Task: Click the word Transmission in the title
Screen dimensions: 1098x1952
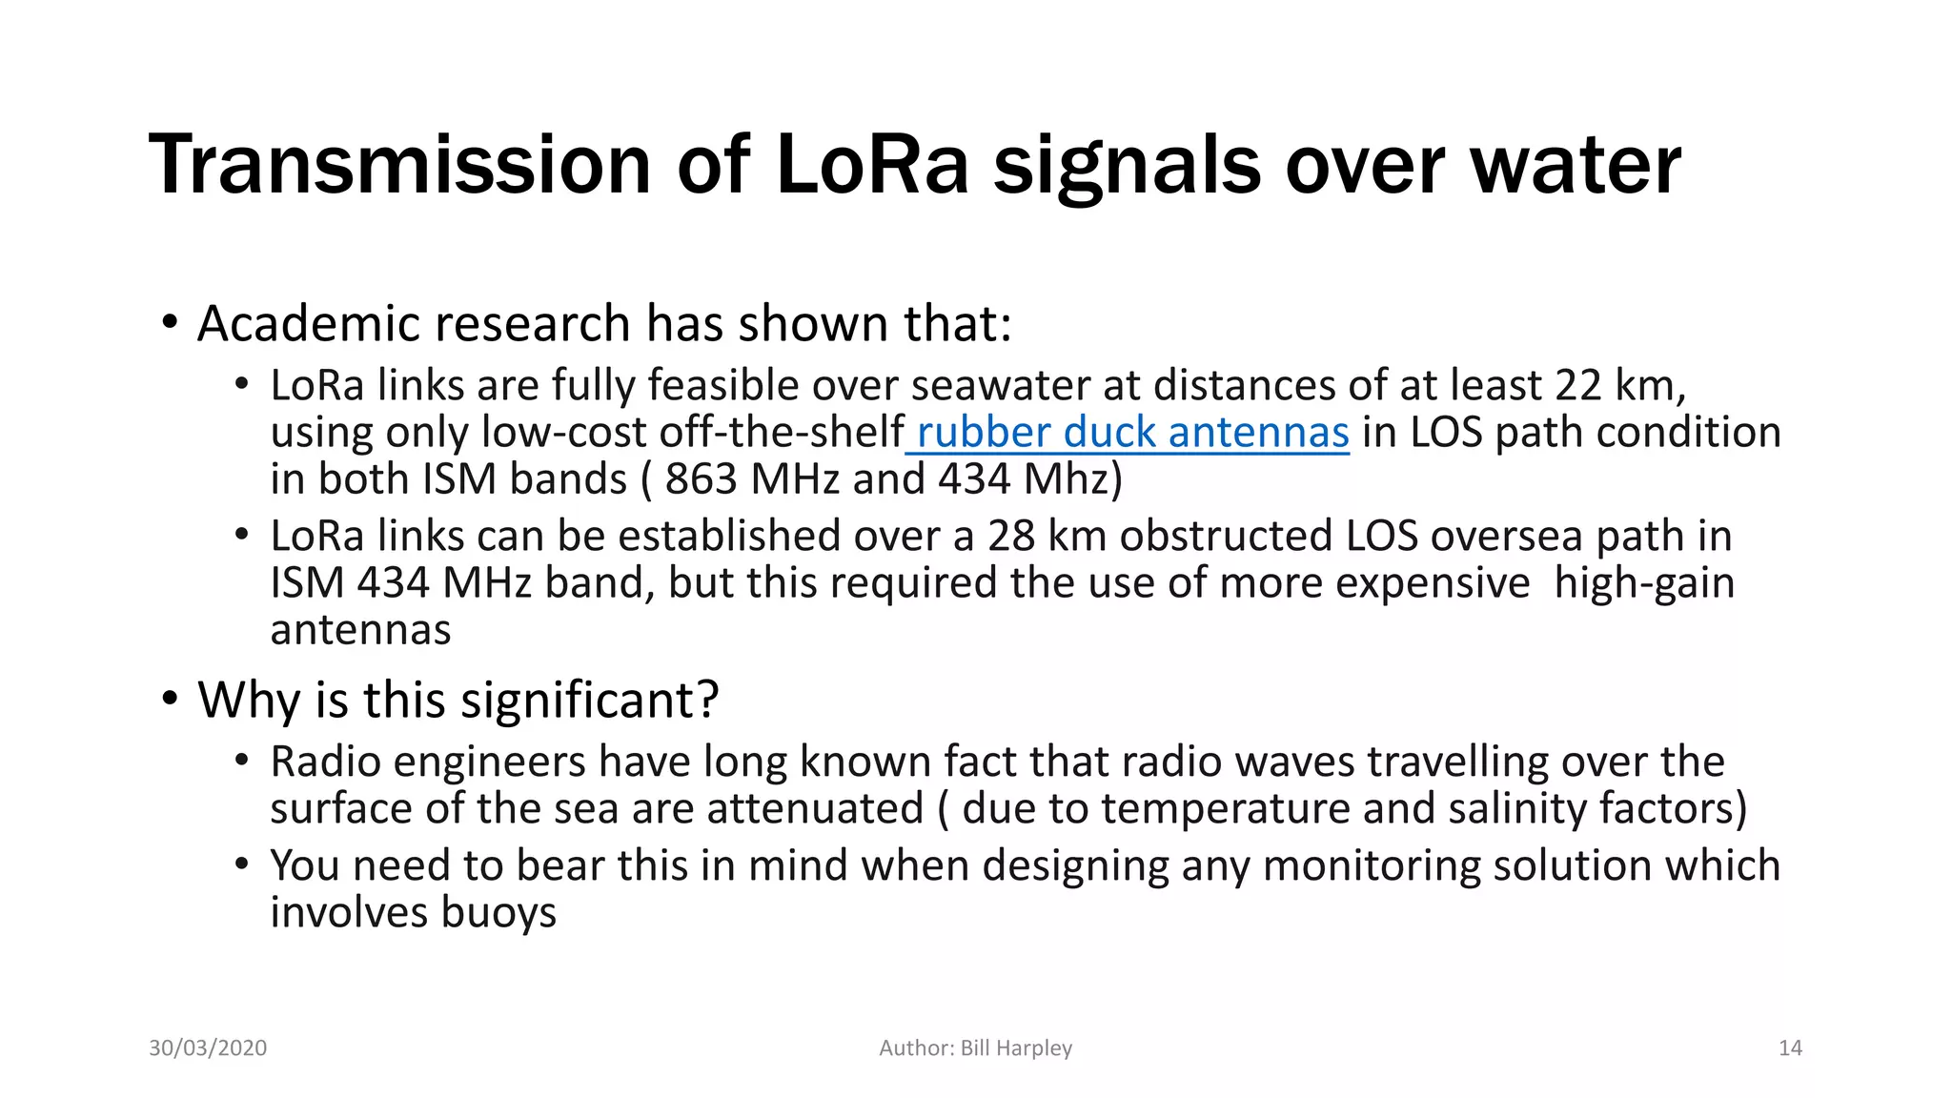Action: (x=400, y=165)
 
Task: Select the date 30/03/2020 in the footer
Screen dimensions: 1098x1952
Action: (x=208, y=1047)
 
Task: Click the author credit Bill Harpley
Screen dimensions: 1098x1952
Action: (x=1016, y=1047)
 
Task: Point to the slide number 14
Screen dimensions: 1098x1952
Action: (x=1790, y=1047)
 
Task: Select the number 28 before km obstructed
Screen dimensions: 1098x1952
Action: (x=1011, y=536)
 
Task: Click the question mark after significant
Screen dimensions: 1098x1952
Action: (x=707, y=701)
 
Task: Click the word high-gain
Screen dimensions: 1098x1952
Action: (x=1643, y=582)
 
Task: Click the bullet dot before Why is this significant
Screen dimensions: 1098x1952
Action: (x=170, y=699)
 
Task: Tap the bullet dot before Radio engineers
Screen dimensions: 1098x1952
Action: (x=242, y=761)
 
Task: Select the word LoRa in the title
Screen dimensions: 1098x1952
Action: (x=872, y=165)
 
